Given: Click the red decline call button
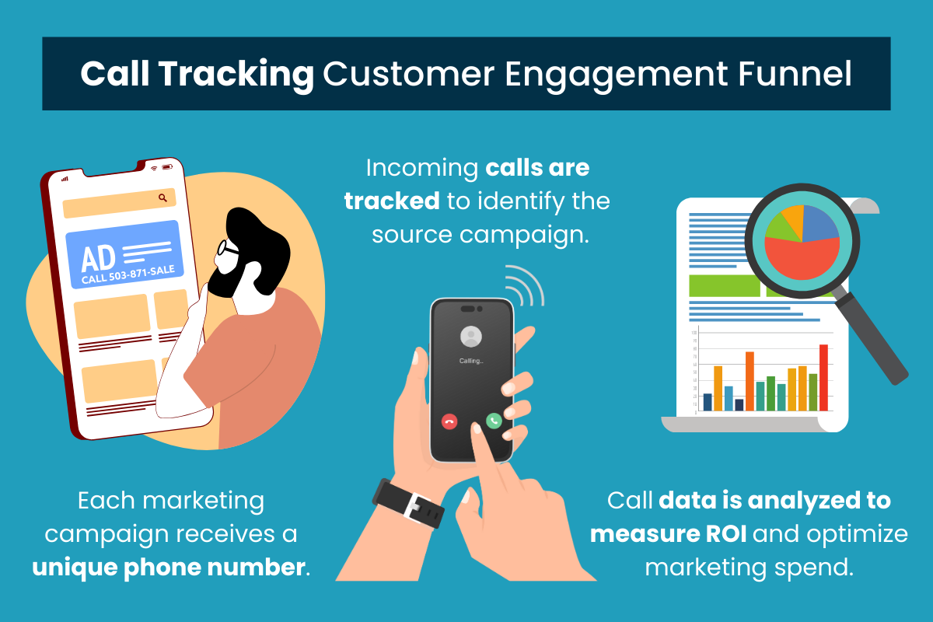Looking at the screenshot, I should coord(449,421).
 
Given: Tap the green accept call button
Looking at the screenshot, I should coord(494,420).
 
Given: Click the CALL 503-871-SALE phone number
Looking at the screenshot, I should coord(128,274).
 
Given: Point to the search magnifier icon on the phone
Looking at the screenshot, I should coord(162,198).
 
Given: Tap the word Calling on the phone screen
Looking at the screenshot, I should coord(471,361).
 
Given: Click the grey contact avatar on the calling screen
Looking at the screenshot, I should coord(471,336).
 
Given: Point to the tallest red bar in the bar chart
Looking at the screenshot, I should coord(823,377).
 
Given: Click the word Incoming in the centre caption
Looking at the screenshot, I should coord(421,167).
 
